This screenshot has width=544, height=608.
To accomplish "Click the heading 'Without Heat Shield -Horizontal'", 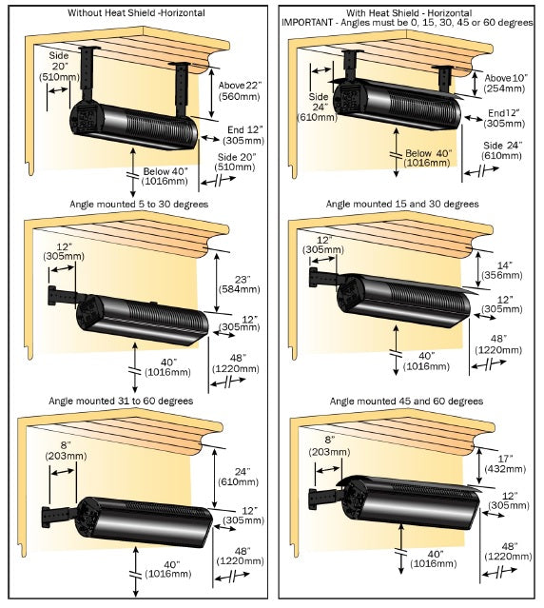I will [x=137, y=13].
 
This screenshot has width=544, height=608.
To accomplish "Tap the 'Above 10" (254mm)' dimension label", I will [x=505, y=84].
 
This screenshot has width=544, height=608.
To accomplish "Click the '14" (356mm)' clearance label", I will [x=504, y=271].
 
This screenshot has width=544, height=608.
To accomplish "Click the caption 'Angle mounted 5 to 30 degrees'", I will [x=136, y=204].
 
